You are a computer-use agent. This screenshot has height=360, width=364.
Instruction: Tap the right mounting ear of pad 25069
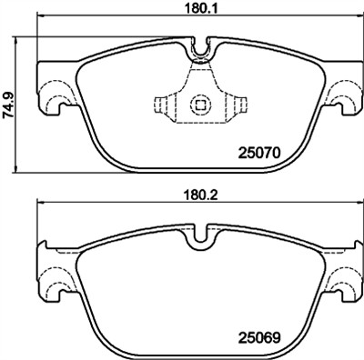pos(346,278)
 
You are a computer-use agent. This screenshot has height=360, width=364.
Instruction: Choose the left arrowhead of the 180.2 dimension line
pos(39,207)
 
